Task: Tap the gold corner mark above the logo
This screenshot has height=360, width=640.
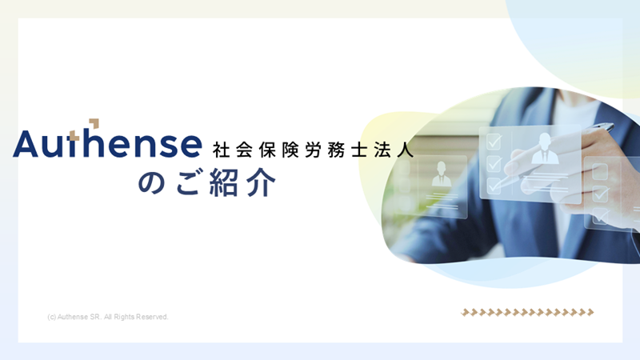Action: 94,123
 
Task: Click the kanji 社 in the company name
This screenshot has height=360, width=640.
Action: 221,150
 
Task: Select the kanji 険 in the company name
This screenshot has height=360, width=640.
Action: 290,150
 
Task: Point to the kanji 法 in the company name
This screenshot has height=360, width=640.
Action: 382,150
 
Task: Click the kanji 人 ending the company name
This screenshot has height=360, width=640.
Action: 406,150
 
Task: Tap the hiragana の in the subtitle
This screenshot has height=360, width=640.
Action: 152,182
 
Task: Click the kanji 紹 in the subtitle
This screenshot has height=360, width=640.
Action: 224,182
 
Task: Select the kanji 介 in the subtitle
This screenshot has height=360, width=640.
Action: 262,182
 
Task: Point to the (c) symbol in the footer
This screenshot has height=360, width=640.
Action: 51,317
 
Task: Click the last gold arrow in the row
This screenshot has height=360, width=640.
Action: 590,313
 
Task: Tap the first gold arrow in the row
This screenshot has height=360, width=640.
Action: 465,313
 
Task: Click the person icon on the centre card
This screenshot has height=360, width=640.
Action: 545,148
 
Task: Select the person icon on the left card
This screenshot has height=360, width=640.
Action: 442,174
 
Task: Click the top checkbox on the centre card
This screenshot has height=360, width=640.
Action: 494,142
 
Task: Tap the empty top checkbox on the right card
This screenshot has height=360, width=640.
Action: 599,171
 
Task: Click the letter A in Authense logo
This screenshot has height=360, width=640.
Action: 26,144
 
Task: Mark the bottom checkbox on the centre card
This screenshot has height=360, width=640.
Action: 494,186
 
